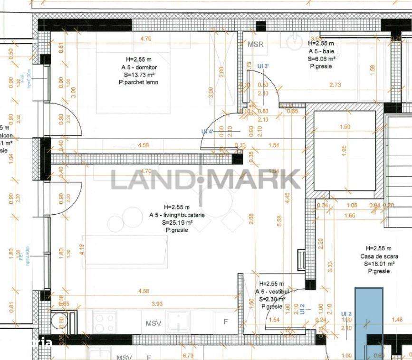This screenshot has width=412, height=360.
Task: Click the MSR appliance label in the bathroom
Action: [x=255, y=45]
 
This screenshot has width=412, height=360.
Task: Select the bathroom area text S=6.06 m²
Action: [x=322, y=59]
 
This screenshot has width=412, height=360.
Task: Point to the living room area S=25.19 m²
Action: [x=177, y=222]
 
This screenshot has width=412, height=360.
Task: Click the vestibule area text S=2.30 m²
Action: [x=272, y=299]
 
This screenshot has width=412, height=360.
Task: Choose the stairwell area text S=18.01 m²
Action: [x=379, y=264]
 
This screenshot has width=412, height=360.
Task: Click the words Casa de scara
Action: [x=379, y=256]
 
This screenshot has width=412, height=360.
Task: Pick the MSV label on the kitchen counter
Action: [x=153, y=323]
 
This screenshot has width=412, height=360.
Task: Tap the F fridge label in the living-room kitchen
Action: [x=226, y=322]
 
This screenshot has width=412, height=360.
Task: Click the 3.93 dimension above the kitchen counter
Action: [x=156, y=304]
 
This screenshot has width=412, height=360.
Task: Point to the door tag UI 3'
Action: [x=263, y=66]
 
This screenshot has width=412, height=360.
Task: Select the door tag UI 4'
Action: [x=207, y=132]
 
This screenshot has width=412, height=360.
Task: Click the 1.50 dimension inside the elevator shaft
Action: [x=345, y=127]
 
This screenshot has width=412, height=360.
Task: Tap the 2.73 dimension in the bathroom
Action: [x=335, y=85]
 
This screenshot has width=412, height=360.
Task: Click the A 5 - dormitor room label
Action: [x=139, y=67]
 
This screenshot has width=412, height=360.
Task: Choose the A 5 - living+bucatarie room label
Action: [x=177, y=215]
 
